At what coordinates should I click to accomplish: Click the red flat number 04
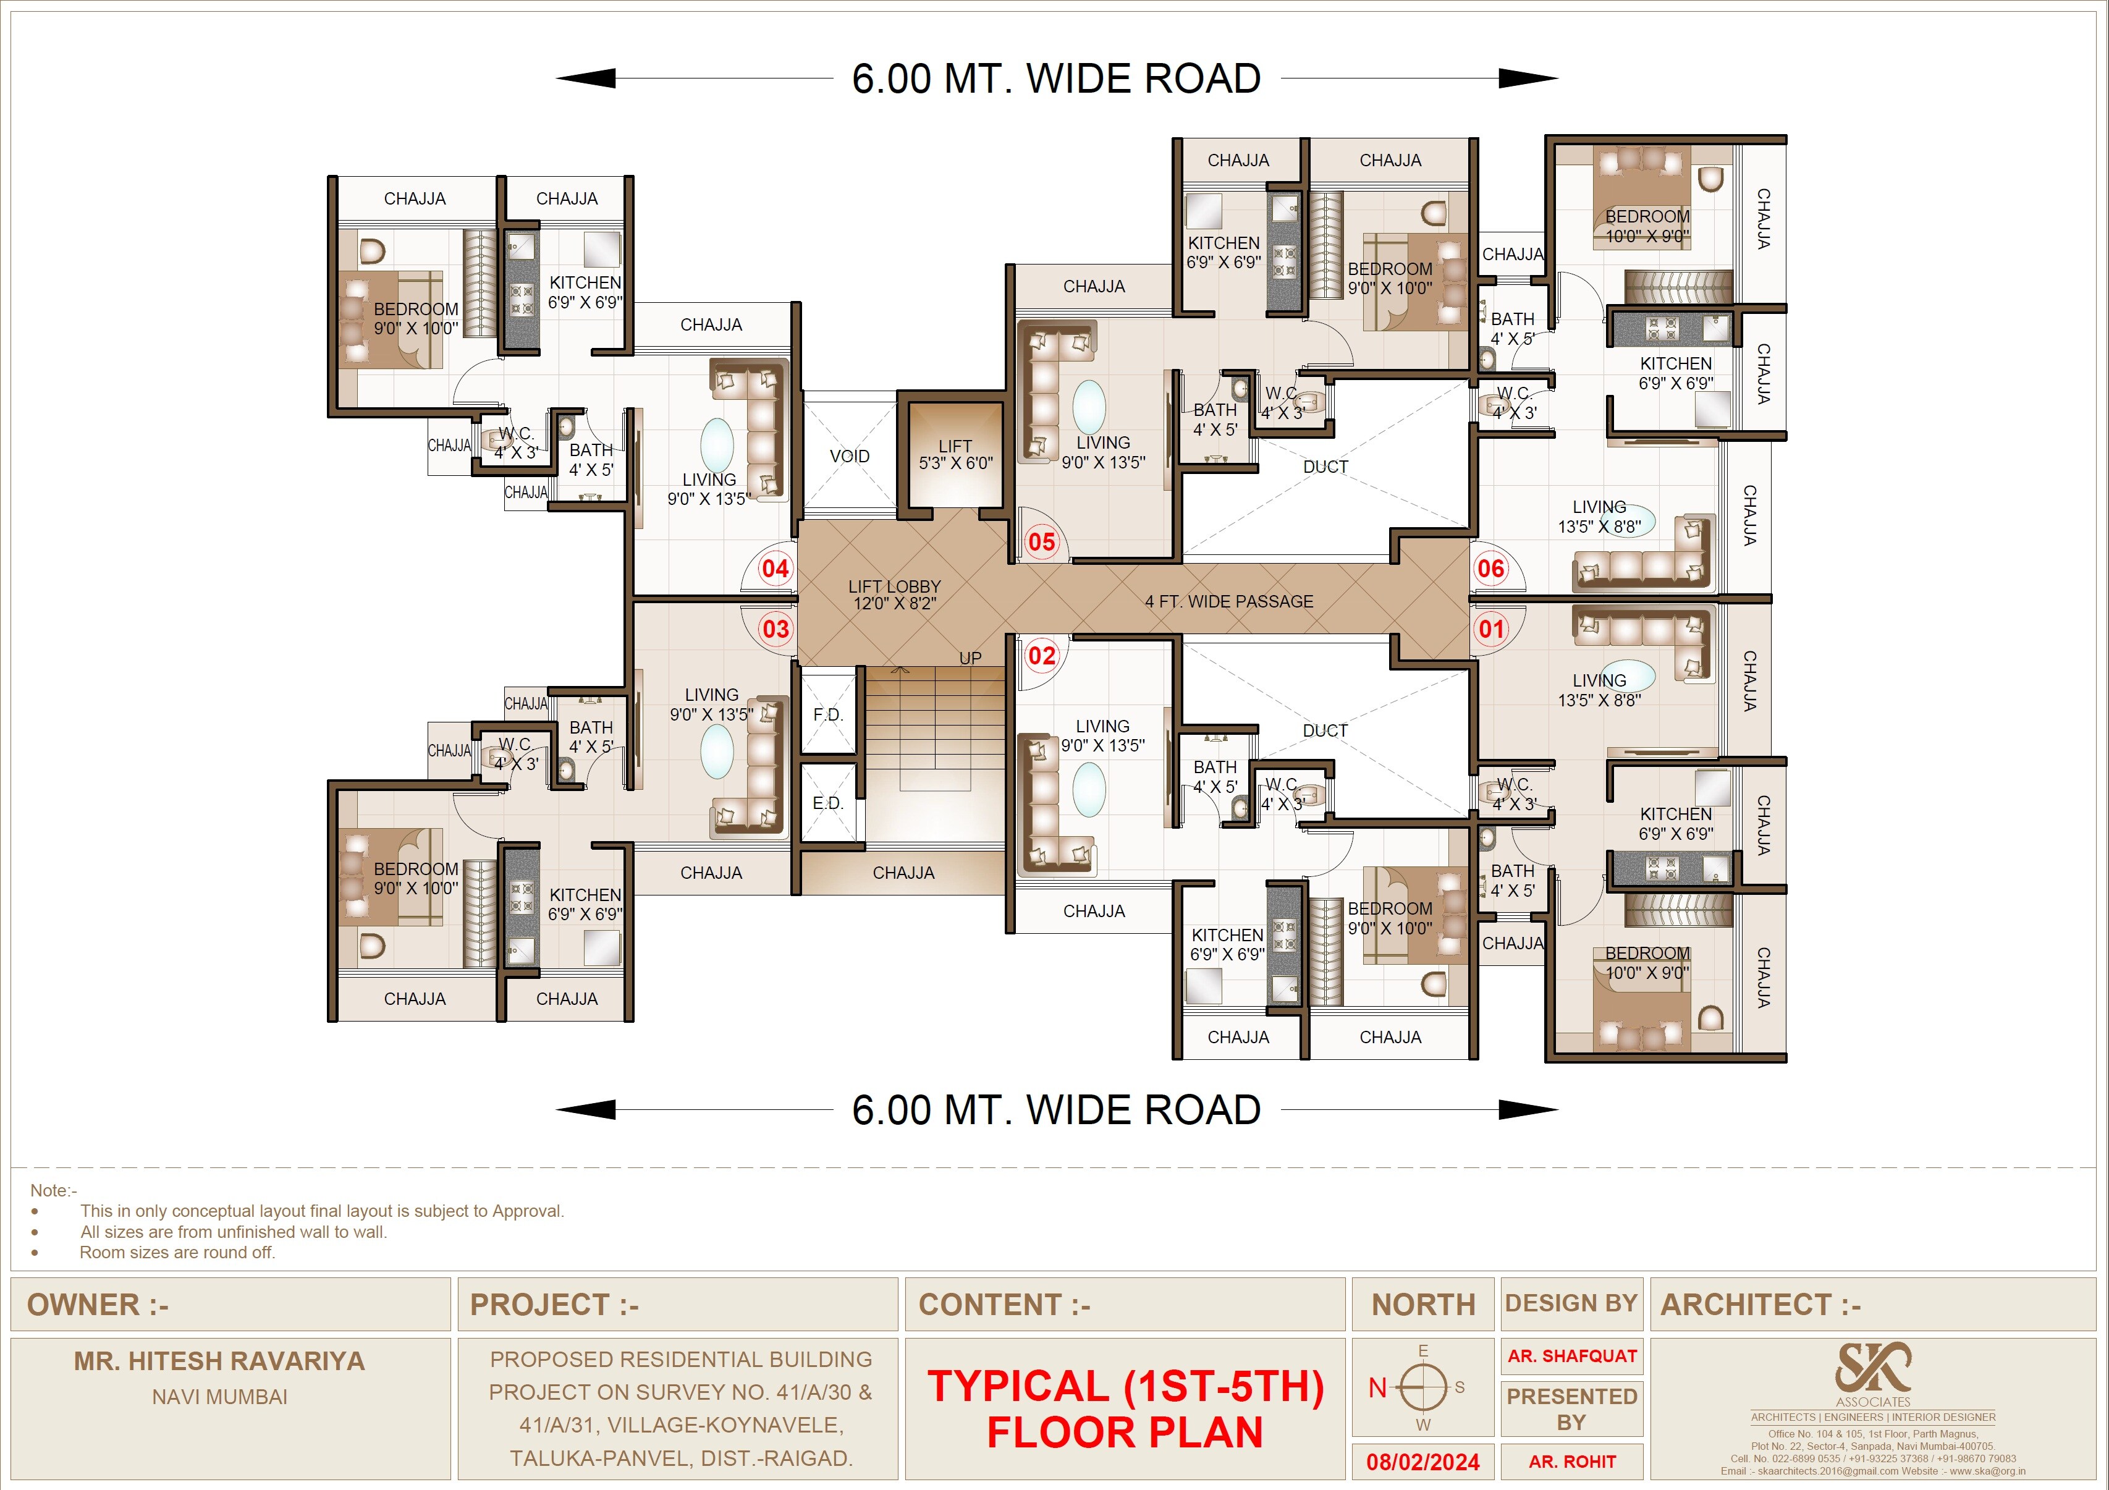point(776,569)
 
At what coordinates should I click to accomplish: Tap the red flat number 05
point(1042,542)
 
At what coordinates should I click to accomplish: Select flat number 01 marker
point(1491,629)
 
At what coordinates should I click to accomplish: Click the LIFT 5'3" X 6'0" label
point(955,455)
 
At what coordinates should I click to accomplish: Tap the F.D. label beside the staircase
point(827,714)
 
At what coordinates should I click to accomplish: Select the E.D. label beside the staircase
point(827,803)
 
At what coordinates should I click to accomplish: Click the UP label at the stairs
point(970,658)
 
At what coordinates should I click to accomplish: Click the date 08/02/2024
point(1423,1462)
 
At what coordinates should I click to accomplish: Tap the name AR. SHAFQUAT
point(1571,1356)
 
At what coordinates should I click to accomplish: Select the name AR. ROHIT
point(1571,1462)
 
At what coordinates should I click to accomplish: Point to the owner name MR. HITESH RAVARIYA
point(219,1360)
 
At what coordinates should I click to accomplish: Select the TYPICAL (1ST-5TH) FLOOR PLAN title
point(1125,1409)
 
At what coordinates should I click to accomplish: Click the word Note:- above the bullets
point(53,1190)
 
